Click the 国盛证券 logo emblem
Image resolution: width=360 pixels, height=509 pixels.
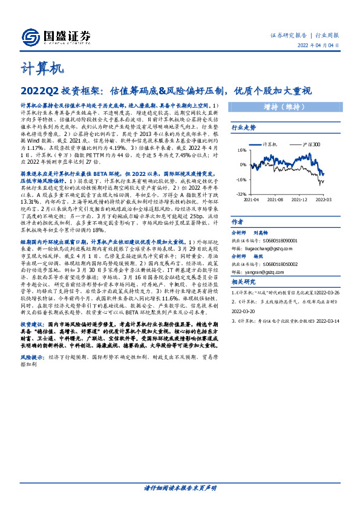pyautogui.click(x=28, y=36)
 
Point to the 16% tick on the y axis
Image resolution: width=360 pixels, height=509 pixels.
pyautogui.click(x=241, y=150)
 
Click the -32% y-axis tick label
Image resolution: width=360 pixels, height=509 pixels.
pyautogui.click(x=241, y=195)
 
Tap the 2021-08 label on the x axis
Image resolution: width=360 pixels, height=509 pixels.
pyautogui.click(x=275, y=199)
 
